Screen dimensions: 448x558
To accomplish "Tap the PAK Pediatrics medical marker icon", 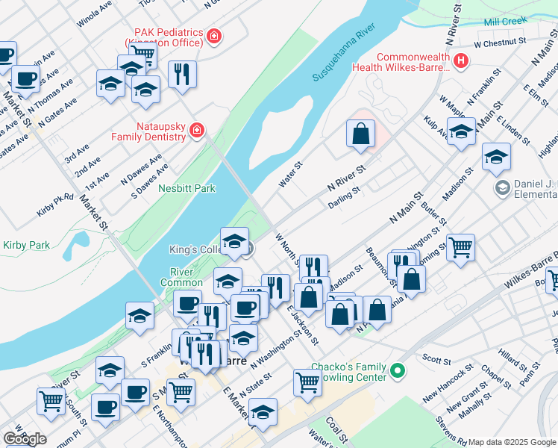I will (214, 35).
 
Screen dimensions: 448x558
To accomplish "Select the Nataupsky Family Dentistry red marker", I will (197, 131).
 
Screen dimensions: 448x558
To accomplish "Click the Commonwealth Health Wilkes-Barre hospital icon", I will (462, 60).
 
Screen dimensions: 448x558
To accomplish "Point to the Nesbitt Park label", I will (186, 189).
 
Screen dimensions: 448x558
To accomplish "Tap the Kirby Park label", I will (26, 245).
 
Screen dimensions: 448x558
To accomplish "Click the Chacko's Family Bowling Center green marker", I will (398, 370).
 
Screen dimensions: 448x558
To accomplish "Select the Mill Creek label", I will (505, 22).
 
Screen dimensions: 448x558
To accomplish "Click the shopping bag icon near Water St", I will (360, 134).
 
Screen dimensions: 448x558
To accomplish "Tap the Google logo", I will (25, 439).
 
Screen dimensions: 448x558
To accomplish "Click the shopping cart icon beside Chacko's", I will (307, 382).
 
